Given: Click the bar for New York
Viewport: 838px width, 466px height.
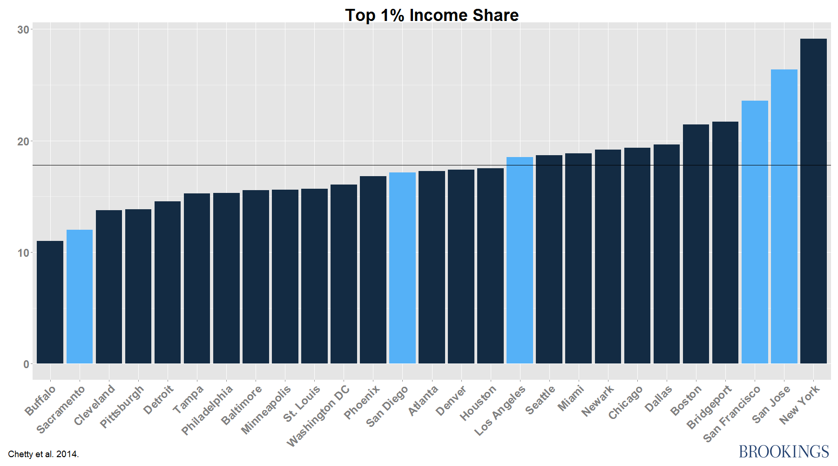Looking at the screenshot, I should coord(813,201).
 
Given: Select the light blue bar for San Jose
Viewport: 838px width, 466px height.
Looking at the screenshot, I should coord(784,216).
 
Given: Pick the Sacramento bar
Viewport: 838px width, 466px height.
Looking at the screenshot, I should coord(80,296).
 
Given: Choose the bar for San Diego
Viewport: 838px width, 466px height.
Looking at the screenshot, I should coord(402,268).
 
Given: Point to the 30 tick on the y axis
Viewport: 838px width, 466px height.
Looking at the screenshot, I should coord(23,30).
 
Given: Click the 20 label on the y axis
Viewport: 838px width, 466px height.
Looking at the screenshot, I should coord(23,142).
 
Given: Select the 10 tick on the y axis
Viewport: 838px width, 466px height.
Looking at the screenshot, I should coord(23,253).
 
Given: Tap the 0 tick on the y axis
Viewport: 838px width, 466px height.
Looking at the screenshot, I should coord(27,364).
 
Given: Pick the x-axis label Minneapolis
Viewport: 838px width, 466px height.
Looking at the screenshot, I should coord(266,409).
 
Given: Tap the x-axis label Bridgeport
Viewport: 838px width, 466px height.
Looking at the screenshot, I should coord(710,407).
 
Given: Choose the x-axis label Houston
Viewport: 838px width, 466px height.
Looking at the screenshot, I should coord(479,403).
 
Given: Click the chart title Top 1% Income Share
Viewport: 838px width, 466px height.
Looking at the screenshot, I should coord(432,15).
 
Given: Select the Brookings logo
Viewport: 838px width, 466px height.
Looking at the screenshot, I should coord(784,451).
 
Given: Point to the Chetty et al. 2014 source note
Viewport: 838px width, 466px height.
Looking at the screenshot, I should coord(43,454).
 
